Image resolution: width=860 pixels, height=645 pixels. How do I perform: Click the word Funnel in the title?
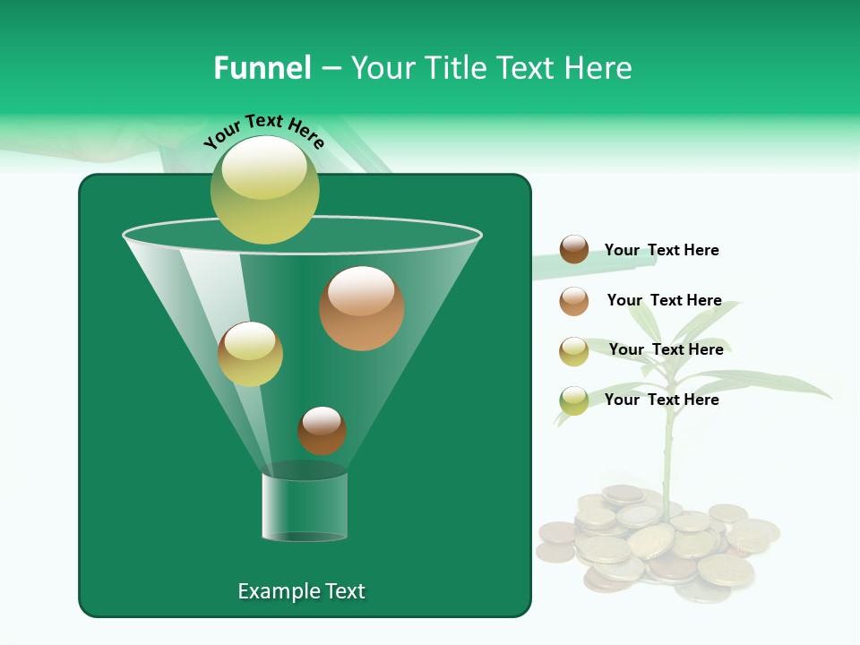[262, 68]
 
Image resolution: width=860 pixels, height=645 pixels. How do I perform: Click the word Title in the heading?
[456, 68]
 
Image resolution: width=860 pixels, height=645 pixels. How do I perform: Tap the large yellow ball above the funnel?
[264, 190]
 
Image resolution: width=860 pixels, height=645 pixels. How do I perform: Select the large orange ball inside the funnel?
[361, 308]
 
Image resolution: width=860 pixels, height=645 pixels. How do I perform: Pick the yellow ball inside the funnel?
[250, 354]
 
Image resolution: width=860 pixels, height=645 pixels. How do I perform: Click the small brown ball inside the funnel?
[322, 430]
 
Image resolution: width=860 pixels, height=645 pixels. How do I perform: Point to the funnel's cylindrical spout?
[305, 505]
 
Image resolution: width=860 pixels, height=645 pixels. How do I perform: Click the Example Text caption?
[301, 591]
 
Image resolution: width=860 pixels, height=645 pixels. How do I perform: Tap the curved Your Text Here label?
[263, 131]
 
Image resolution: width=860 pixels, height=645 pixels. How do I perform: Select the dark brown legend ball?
[573, 250]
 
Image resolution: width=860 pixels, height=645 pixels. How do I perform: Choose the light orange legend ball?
[573, 301]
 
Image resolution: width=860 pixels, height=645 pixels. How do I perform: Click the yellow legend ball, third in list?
[573, 351]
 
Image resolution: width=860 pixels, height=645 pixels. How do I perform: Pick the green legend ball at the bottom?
[573, 400]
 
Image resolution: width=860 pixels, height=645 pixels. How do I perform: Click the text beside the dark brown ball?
[661, 250]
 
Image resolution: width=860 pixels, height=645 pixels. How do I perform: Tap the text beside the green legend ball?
[661, 400]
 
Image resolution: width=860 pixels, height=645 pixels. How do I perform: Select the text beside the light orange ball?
[664, 300]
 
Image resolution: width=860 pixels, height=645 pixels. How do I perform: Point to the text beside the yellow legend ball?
[666, 349]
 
